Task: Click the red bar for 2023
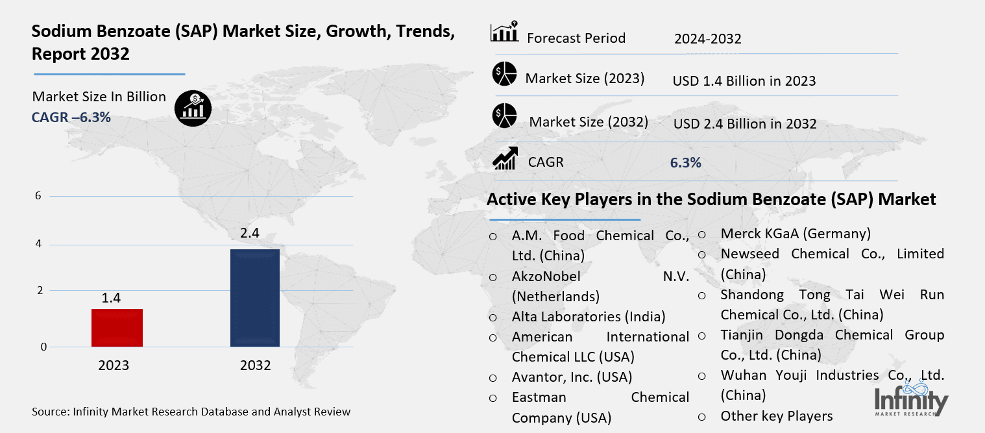click(117, 327)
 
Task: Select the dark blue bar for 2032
click(255, 298)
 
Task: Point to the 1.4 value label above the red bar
click(111, 298)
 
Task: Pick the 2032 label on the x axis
click(255, 365)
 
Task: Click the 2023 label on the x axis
click(114, 365)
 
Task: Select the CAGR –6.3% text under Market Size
click(71, 117)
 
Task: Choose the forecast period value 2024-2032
click(707, 39)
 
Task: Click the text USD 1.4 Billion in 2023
click(744, 81)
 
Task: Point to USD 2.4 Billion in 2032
click(744, 123)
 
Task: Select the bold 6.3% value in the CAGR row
click(685, 163)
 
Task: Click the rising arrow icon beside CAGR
click(504, 158)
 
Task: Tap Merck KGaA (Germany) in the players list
click(796, 234)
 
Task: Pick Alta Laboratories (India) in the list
click(589, 317)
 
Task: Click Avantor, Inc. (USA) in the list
click(572, 377)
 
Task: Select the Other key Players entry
click(776, 415)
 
